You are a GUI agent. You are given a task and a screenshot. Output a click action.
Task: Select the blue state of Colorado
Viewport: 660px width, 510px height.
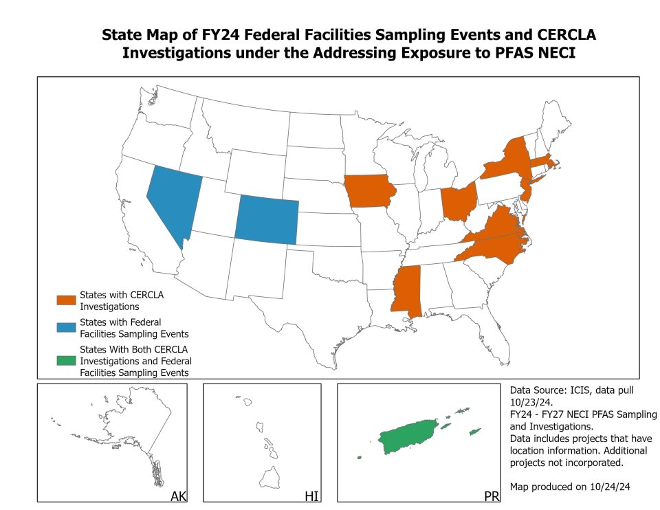267,219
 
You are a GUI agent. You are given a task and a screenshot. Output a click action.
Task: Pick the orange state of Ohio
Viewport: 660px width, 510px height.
458,202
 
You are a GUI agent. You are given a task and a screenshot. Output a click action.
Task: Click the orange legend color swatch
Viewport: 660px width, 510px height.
67,300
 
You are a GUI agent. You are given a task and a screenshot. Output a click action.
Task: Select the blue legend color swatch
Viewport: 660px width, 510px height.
67,328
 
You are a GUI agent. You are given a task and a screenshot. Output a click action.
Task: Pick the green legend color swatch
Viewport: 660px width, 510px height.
67,360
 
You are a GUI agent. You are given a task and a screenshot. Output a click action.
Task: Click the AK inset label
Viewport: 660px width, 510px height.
178,496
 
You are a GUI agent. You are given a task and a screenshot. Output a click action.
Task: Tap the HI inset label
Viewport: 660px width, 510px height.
311,496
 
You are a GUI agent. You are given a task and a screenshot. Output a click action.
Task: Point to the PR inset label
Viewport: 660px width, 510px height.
492,496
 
